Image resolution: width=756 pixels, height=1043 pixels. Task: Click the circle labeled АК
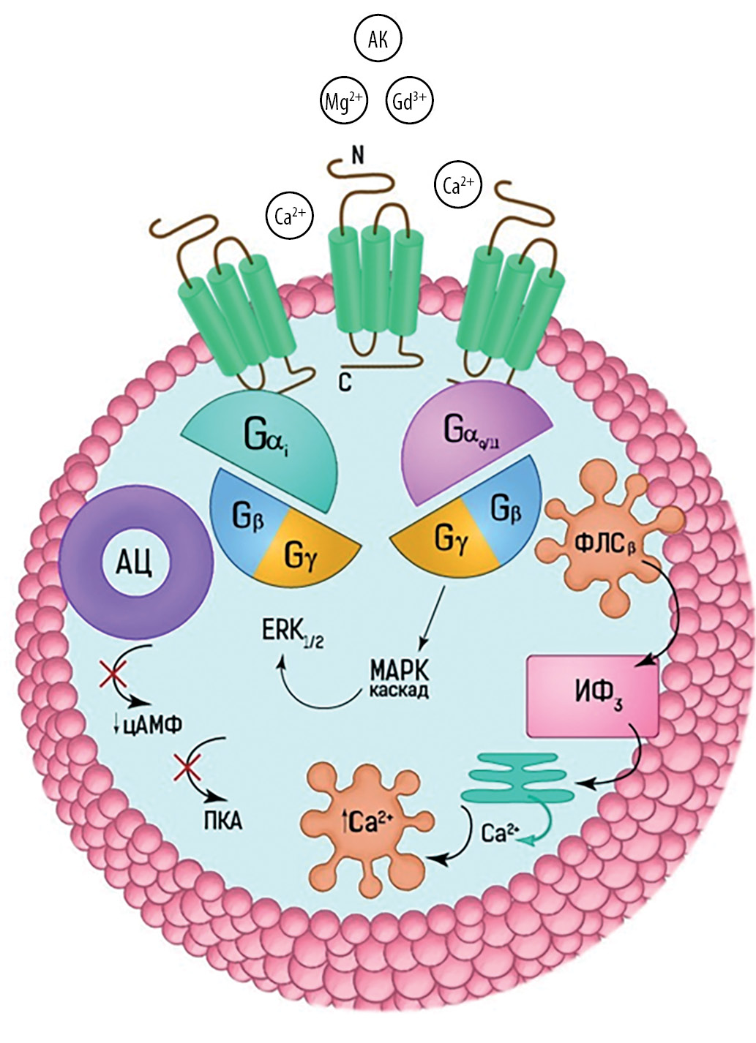pos(378,40)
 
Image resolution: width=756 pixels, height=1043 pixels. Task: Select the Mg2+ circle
pos(344,101)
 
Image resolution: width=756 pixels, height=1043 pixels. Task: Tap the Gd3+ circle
pos(409,101)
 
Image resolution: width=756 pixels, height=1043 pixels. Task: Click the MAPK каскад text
pos(398,679)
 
